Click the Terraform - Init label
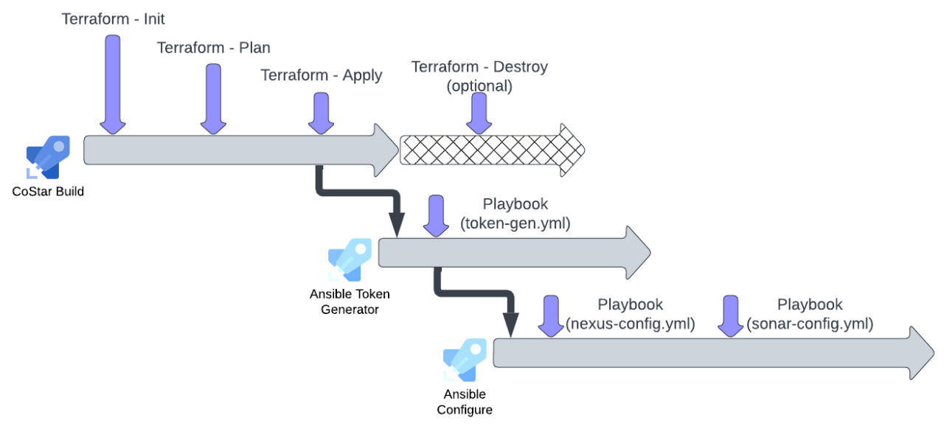click(113, 19)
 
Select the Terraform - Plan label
click(213, 48)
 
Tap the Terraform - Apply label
click(321, 75)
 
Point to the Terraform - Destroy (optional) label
click(479, 76)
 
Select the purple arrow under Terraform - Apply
click(321, 113)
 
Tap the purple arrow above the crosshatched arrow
click(479, 114)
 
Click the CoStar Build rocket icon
click(48, 157)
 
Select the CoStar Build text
click(48, 192)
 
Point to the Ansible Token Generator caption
click(350, 301)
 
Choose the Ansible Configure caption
click(465, 402)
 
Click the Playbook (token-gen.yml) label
click(516, 214)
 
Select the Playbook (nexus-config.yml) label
click(630, 314)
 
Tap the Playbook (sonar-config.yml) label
click(810, 314)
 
